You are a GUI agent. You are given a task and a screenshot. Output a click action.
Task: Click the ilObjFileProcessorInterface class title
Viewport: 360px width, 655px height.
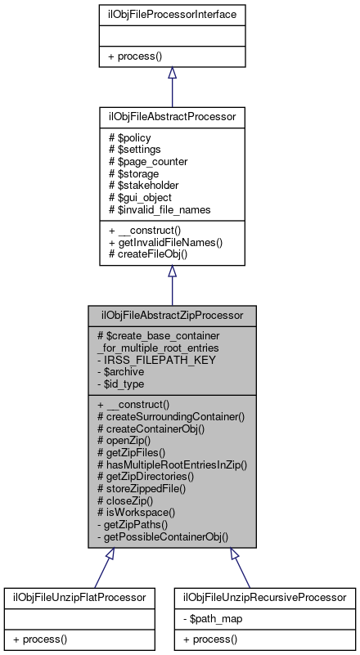point(172,14)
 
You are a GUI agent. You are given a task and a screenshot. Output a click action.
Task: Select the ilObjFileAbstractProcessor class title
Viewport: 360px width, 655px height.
point(172,117)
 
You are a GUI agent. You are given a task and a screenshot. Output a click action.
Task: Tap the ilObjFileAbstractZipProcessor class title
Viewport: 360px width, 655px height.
point(172,315)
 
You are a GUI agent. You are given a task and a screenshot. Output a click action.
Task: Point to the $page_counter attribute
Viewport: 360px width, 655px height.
point(148,161)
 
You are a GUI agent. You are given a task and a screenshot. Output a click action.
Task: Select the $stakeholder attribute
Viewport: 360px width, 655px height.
point(145,186)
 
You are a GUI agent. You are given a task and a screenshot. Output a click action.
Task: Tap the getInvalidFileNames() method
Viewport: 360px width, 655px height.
point(165,243)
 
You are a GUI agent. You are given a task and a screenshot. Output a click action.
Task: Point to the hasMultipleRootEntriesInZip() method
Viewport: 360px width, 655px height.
point(172,464)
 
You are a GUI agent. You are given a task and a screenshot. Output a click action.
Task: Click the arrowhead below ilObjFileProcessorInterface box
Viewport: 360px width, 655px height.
point(172,74)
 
